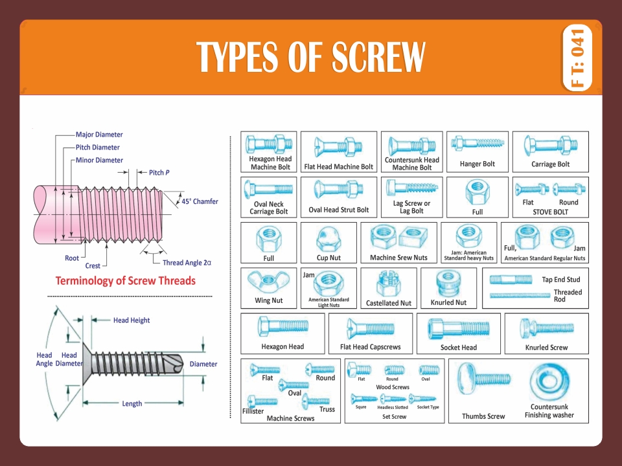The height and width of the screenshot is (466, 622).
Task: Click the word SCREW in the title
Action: [378, 58]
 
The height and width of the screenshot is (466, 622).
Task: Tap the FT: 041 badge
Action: [579, 58]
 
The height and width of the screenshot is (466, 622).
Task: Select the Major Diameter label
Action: [99, 135]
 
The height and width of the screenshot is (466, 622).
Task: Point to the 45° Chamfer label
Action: [200, 201]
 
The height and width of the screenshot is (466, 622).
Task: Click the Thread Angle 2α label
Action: [187, 263]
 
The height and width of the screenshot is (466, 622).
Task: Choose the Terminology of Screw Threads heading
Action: [125, 281]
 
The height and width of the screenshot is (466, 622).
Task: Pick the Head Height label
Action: [132, 320]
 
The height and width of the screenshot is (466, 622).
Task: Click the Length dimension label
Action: [132, 404]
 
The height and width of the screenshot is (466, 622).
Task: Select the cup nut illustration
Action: [328, 241]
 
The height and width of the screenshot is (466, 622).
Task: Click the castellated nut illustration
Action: [388, 283]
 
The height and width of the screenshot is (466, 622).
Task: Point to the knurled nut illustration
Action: [448, 283]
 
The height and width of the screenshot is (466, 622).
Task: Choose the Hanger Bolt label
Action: [478, 164]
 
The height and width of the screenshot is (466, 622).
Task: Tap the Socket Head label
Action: [459, 348]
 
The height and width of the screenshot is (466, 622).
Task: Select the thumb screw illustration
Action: [483, 379]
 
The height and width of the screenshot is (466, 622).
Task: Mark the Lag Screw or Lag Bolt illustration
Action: [411, 188]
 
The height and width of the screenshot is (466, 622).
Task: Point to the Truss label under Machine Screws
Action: [327, 410]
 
